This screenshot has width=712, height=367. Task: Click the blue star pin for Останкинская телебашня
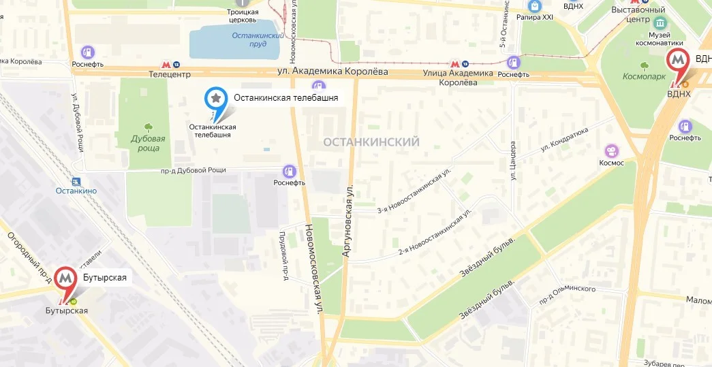pos(216,99)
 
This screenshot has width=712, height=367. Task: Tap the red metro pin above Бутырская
pos(66,278)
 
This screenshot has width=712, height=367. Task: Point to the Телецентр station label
pos(169,74)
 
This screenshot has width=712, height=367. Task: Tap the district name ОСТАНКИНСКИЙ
pos(371,142)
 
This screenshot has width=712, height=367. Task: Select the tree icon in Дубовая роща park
pos(148,127)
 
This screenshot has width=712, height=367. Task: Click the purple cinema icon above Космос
pos(612,150)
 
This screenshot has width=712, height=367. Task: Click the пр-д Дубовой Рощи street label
pos(193,170)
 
